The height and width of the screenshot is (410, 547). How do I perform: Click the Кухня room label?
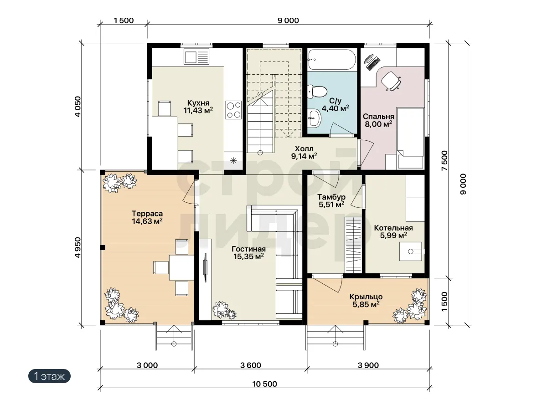(x=198, y=103)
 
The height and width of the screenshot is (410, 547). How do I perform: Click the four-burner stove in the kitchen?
(x=233, y=110)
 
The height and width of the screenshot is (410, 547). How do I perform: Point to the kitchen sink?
(x=196, y=56)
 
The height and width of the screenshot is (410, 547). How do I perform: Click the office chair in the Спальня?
(x=391, y=81)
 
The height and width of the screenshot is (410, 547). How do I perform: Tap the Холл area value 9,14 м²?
(x=304, y=156)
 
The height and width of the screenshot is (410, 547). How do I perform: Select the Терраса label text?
(x=147, y=214)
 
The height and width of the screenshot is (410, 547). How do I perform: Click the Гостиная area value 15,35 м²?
(x=248, y=256)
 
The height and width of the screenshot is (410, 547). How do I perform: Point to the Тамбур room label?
(x=331, y=197)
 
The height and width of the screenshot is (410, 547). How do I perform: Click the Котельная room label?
(x=393, y=228)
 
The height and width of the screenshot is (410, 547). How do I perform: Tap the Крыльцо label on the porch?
(x=366, y=297)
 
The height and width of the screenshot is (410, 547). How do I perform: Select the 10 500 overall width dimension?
(x=264, y=384)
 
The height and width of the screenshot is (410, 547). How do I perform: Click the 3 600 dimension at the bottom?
(x=251, y=365)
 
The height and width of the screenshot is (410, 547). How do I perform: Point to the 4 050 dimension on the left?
(x=78, y=107)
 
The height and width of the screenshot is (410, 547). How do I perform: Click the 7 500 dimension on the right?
(x=444, y=160)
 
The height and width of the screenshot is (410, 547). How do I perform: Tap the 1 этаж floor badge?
(x=49, y=376)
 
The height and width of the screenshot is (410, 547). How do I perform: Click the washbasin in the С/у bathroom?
(x=314, y=118)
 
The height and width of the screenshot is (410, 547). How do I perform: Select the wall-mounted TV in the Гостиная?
(x=206, y=267)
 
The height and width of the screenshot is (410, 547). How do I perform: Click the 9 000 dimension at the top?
(x=289, y=20)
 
